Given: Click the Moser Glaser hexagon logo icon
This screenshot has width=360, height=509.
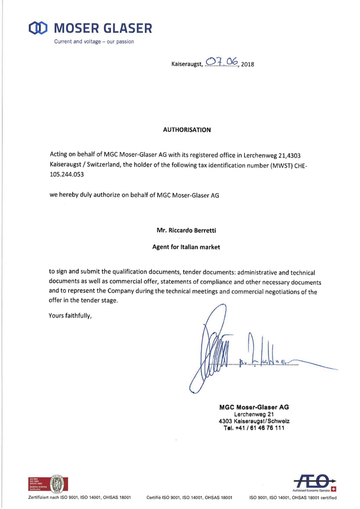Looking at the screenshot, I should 38,28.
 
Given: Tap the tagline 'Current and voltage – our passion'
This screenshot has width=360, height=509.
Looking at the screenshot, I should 94,42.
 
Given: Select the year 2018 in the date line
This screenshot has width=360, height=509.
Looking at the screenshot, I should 247,64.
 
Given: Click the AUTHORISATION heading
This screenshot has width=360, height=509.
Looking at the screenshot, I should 187,130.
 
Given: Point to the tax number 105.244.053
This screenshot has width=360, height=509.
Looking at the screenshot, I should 67,175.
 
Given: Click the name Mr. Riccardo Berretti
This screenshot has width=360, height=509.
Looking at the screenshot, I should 186,231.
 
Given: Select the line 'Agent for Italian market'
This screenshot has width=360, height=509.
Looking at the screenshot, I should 186,247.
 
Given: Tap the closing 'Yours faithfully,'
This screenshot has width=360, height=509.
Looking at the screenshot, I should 70,316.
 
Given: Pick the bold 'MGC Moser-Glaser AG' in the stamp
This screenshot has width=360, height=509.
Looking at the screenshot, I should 254,407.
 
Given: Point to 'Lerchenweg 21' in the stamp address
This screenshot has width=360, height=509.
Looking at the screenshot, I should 254,415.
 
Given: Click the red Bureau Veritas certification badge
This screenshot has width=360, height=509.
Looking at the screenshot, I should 48,484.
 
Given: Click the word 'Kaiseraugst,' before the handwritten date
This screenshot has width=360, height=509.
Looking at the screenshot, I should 187,64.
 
